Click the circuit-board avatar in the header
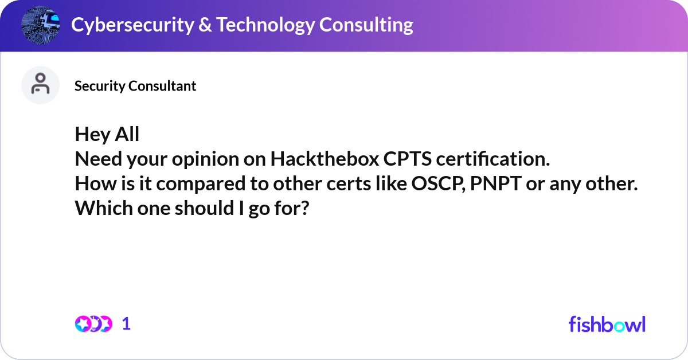41,25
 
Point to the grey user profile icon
40,85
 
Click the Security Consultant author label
135,86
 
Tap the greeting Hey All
107,135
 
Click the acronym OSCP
435,184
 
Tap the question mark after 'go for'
305,209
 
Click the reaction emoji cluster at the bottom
93,324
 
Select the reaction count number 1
126,324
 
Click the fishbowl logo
607,324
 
